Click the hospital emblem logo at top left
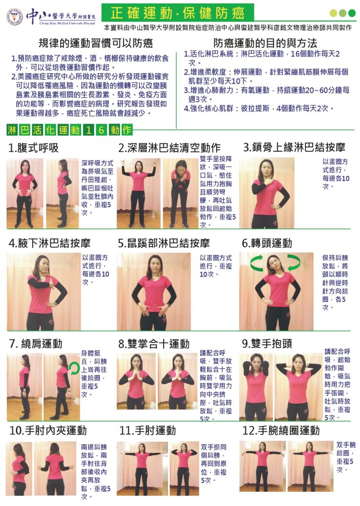[x=15, y=16]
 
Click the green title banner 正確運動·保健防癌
[x=178, y=12]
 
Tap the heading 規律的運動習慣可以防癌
[x=95, y=43]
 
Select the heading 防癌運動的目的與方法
[x=265, y=43]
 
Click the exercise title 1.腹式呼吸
[x=34, y=148]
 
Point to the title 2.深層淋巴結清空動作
[x=170, y=148]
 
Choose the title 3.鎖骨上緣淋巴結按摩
[x=294, y=147]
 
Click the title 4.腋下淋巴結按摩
[x=49, y=243]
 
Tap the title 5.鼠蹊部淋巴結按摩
[x=164, y=243]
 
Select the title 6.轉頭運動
[x=267, y=243]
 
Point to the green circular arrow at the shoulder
[x=74, y=368]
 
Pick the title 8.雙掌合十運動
[x=154, y=344]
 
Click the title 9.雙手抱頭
[x=267, y=343]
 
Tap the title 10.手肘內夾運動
[x=48, y=430]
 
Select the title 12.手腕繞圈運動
[x=281, y=430]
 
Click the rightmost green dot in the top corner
[x=352, y=13]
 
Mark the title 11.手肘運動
[x=147, y=430]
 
